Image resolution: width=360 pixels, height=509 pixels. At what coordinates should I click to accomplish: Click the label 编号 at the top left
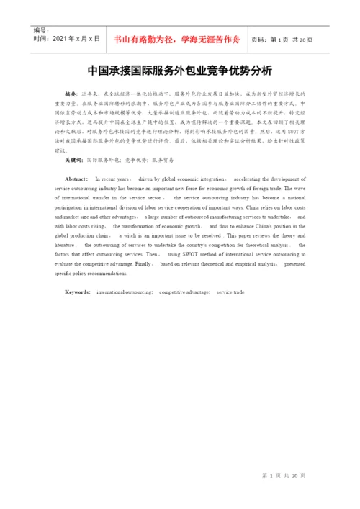click(x=42, y=31)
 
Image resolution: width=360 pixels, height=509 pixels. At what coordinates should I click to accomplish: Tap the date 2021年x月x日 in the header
click(x=67, y=38)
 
